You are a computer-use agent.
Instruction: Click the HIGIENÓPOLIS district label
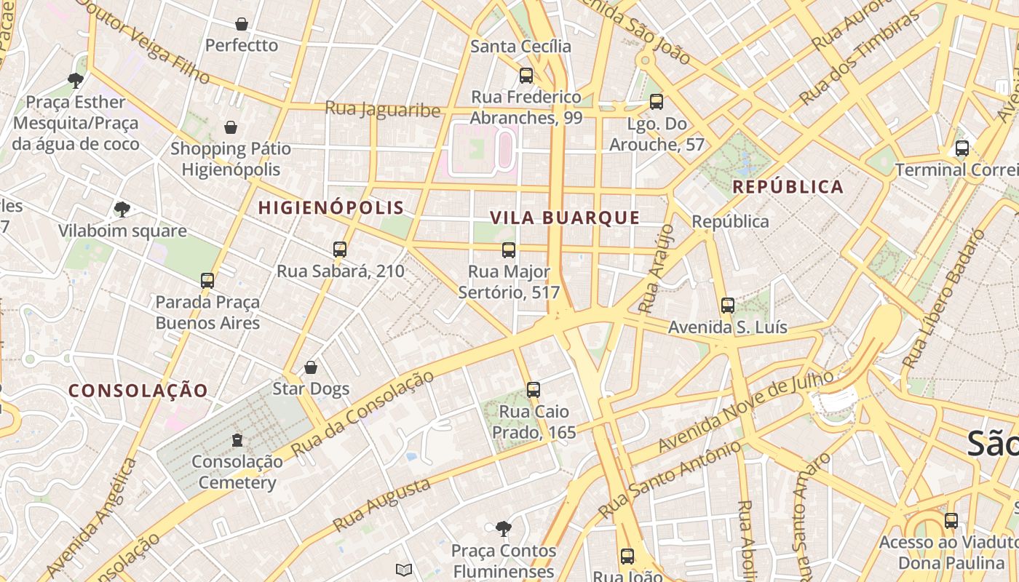click(331, 208)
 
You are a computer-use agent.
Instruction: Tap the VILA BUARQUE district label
click(565, 218)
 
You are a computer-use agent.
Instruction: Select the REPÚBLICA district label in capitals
click(788, 187)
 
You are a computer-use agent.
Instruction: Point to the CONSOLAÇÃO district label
click(138, 391)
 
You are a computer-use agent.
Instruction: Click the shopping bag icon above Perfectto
click(242, 24)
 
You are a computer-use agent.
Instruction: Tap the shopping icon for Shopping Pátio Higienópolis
click(231, 127)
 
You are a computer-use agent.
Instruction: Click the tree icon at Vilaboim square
click(122, 210)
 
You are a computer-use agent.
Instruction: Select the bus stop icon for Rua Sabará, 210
click(340, 250)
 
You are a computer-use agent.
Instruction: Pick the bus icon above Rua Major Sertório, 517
click(509, 250)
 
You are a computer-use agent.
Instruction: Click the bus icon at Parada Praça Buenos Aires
click(207, 280)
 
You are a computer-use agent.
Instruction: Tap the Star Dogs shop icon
click(311, 367)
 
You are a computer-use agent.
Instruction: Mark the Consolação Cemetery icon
click(237, 439)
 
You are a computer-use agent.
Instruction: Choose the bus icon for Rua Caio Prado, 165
click(534, 389)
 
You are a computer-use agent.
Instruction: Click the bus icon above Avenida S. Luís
click(727, 306)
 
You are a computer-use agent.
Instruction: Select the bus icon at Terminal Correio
click(961, 148)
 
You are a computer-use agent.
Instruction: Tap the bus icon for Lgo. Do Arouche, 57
click(657, 102)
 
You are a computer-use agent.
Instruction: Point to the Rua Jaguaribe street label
click(383, 109)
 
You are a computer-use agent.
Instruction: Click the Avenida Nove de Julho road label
click(745, 411)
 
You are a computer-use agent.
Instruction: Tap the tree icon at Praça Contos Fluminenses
click(503, 528)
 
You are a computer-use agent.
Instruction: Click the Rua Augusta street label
click(381, 504)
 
